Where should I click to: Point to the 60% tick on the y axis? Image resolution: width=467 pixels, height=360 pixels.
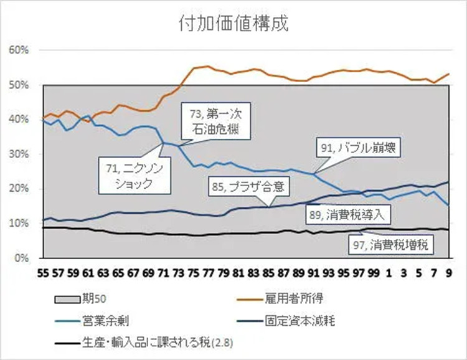21,50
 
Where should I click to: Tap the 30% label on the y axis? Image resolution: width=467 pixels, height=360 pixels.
21,154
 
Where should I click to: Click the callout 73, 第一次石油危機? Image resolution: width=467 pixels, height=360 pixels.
214,123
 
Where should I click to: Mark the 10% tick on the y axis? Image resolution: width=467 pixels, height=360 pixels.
21,223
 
